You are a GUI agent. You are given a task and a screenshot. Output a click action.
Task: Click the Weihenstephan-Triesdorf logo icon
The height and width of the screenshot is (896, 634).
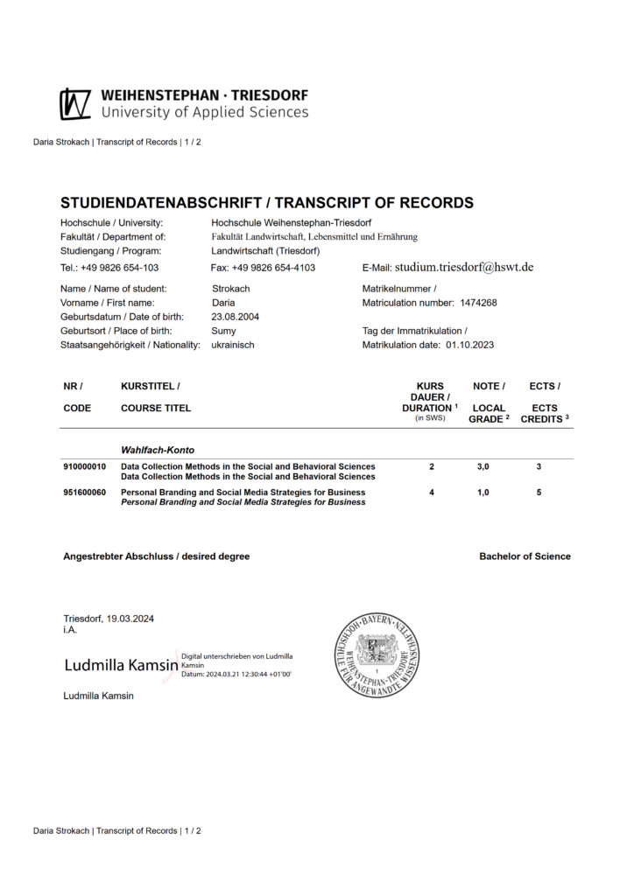(x=75, y=104)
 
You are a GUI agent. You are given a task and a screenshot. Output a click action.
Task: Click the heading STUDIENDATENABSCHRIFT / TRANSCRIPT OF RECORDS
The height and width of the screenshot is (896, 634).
(x=266, y=203)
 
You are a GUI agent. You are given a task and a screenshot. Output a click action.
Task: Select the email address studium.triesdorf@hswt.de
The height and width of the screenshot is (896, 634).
(x=464, y=267)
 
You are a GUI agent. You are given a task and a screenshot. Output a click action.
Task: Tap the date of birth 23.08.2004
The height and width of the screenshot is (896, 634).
(x=236, y=317)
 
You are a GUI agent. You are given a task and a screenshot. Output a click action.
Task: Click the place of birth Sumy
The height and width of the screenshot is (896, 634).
(x=223, y=331)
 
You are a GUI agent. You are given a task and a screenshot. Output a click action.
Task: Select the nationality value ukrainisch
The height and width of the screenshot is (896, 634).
(x=233, y=345)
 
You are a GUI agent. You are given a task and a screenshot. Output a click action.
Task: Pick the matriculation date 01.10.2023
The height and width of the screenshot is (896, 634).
(x=469, y=345)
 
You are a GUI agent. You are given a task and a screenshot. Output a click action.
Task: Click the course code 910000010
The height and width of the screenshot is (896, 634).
(x=85, y=466)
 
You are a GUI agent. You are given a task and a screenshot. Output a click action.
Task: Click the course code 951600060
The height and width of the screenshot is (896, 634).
(x=85, y=493)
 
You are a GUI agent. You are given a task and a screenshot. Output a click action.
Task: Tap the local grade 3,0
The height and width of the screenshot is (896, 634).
(x=483, y=466)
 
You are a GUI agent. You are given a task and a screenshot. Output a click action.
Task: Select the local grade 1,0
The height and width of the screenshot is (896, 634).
(x=483, y=493)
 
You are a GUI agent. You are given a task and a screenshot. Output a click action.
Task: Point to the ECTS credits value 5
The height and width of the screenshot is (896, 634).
(x=539, y=493)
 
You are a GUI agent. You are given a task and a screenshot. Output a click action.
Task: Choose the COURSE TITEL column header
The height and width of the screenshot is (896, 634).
(x=156, y=408)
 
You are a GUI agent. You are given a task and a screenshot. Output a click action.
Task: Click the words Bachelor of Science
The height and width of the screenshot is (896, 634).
(x=525, y=556)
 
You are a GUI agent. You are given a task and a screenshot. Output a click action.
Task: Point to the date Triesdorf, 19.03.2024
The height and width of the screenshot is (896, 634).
(x=109, y=619)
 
